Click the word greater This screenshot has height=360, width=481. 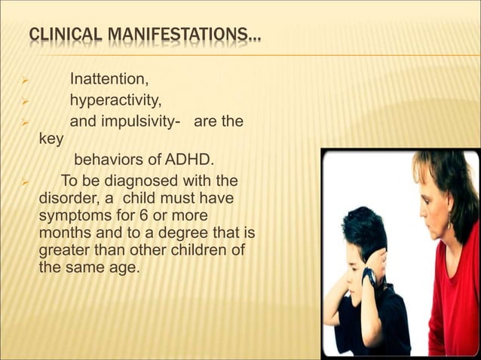click(63, 250)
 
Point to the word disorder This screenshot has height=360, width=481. click(66, 198)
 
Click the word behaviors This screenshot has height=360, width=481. click(107, 160)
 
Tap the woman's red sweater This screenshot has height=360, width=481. click(452, 301)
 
